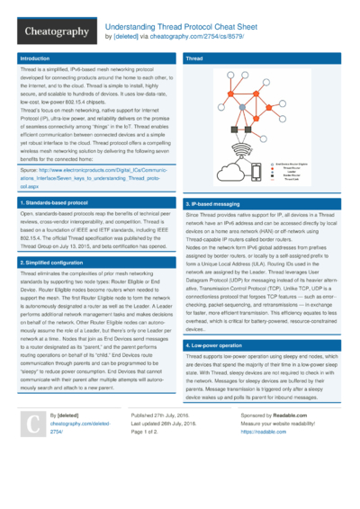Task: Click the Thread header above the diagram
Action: (x=194, y=58)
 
